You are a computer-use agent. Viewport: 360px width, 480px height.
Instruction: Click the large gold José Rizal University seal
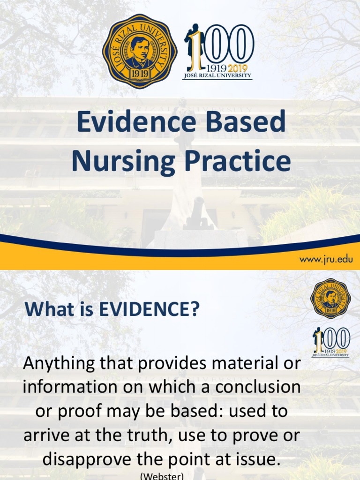pos(140,51)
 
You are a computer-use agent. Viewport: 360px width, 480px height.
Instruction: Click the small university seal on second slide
pos(330,298)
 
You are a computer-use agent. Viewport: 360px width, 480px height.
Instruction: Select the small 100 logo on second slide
pos(331,342)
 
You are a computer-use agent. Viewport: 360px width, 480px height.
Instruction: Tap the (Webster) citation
pos(161,476)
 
